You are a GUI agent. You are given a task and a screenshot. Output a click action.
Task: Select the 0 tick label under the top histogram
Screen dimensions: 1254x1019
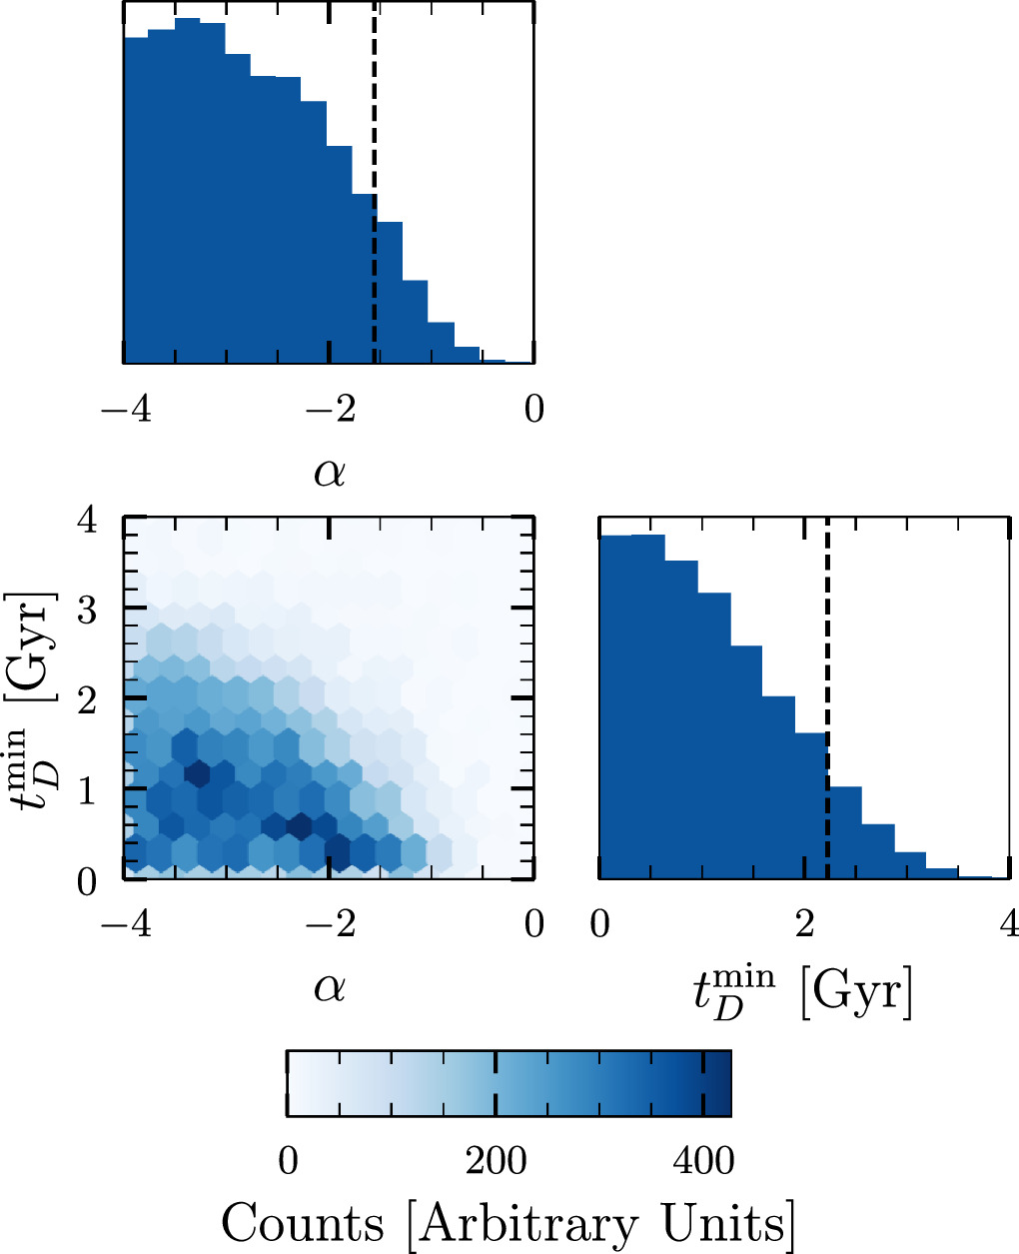pyautogui.click(x=534, y=411)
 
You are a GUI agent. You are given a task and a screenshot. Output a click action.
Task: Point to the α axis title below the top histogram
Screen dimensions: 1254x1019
pyautogui.click(x=330, y=471)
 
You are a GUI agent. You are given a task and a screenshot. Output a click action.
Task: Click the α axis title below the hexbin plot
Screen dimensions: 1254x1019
pyautogui.click(x=330, y=987)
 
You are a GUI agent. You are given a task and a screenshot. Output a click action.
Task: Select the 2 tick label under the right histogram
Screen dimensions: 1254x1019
pyautogui.click(x=803, y=924)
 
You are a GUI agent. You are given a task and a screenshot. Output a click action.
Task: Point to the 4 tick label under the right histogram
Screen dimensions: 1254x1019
pyautogui.click(x=1008, y=924)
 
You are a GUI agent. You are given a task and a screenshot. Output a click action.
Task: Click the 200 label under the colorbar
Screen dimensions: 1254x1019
pyautogui.click(x=497, y=1161)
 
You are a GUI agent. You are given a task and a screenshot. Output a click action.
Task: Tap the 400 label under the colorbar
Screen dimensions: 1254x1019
pyautogui.click(x=702, y=1161)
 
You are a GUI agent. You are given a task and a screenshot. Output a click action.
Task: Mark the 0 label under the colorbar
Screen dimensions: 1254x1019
pyautogui.click(x=289, y=1161)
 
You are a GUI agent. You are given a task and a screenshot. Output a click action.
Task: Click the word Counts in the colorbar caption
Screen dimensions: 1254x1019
pyautogui.click(x=302, y=1223)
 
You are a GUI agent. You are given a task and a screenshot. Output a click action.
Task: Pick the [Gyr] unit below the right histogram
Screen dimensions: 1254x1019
pyautogui.click(x=856, y=993)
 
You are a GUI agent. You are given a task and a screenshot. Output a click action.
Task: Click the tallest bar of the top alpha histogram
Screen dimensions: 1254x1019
pyautogui.click(x=188, y=190)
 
